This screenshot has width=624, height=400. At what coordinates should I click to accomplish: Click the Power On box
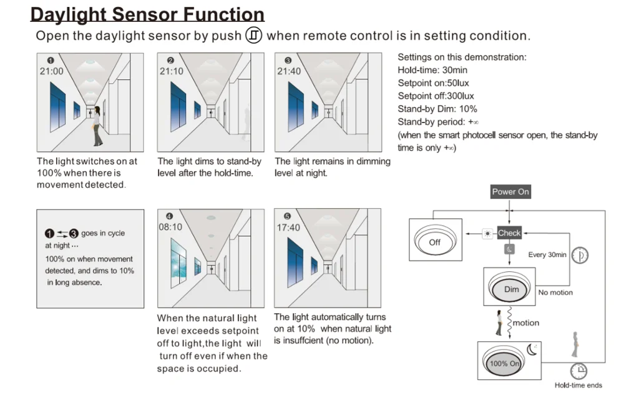pos(510,192)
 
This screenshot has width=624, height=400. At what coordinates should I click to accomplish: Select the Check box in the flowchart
pos(509,233)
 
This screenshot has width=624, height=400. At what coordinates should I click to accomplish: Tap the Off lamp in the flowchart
pos(435,241)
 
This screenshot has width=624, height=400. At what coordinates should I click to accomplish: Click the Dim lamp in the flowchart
pos(511,289)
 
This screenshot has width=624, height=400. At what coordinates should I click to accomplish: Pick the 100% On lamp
pos(505,362)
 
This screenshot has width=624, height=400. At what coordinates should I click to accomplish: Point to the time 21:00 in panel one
pos(52,71)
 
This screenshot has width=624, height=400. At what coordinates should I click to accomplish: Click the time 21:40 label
pos(288,71)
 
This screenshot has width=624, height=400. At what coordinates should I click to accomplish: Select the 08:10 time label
pos(170,227)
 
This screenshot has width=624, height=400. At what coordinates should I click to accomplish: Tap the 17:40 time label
pos(288,227)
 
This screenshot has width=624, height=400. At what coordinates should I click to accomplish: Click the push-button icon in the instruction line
pos(253,35)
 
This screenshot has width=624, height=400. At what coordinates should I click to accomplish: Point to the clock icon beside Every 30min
pos(581,255)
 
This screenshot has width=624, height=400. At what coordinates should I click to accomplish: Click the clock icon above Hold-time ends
pos(578,371)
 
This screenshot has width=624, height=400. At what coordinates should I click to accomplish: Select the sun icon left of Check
pos(487,233)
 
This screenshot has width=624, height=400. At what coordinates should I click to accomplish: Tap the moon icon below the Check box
pos(509,250)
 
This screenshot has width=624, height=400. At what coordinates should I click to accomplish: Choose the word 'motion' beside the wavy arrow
pos(526,323)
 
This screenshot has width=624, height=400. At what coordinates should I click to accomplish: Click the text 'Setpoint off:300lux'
pos(436,96)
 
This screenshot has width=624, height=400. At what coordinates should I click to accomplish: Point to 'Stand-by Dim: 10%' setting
pos(437,109)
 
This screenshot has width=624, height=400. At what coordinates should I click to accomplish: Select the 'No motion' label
pos(555,292)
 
